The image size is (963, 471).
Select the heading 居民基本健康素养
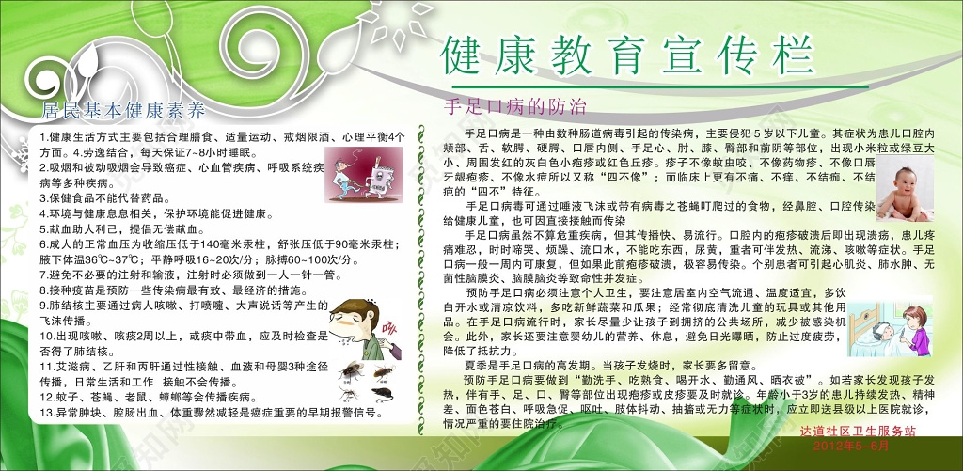pos(123,110)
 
